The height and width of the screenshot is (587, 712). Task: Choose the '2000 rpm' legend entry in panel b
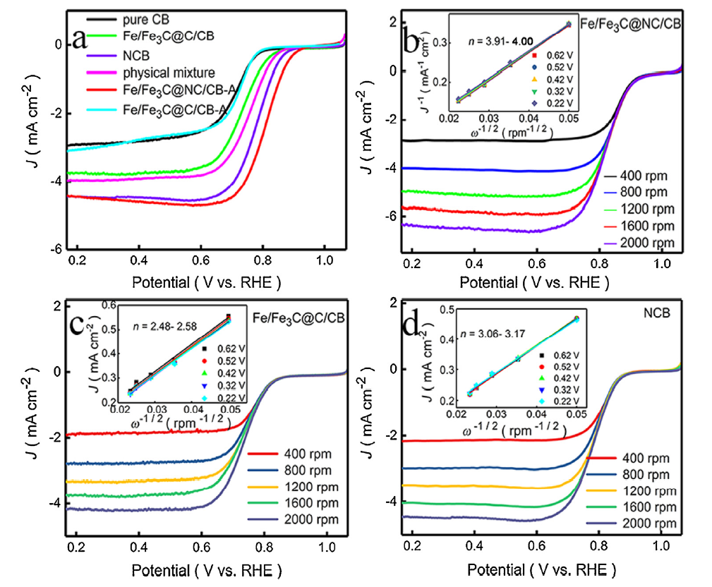pyautogui.click(x=644, y=243)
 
